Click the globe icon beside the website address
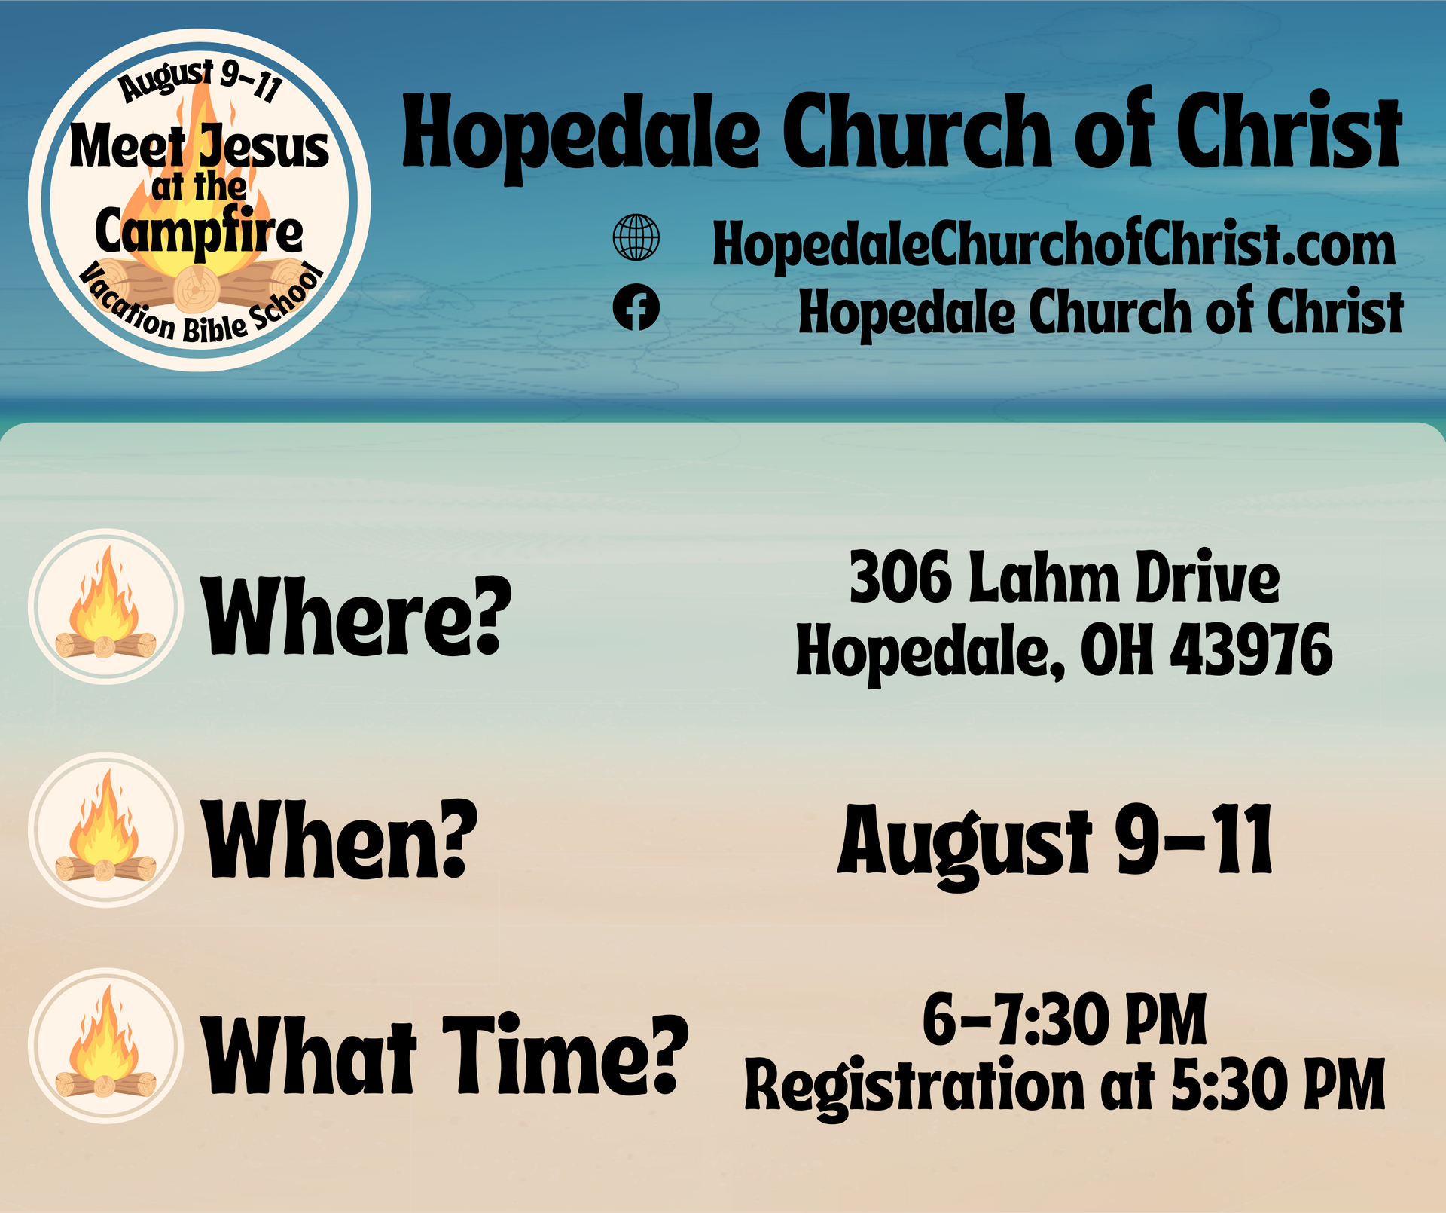pyautogui.click(x=636, y=238)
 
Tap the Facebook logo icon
pyautogui.click(x=636, y=307)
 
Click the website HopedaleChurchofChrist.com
pyautogui.click(x=1054, y=245)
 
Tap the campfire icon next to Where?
pyautogui.click(x=105, y=606)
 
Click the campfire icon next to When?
pyautogui.click(x=105, y=830)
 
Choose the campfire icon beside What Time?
pyautogui.click(x=105, y=1046)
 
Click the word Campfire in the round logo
pyautogui.click(x=199, y=233)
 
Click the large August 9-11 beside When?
pyautogui.click(x=1055, y=840)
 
